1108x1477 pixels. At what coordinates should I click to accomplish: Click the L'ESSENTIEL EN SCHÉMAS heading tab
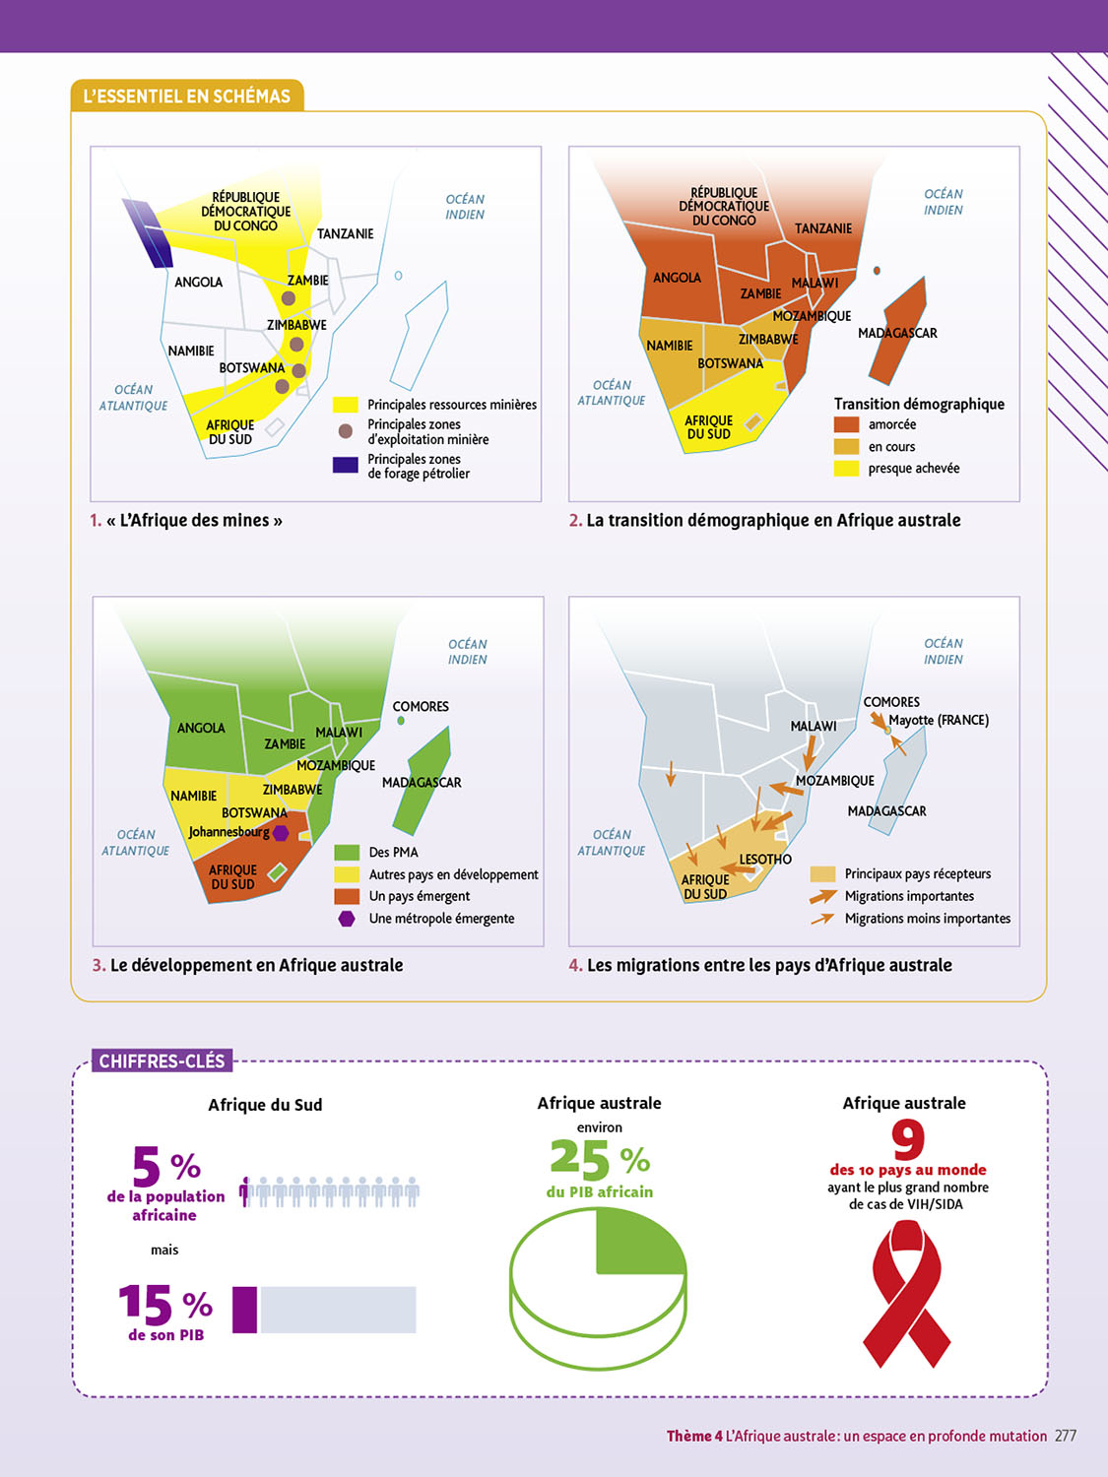(187, 96)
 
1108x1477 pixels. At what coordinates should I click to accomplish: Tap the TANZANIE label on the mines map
(345, 233)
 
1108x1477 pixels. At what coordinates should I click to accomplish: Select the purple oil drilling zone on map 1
(147, 232)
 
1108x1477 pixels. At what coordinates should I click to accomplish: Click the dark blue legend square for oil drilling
(345, 465)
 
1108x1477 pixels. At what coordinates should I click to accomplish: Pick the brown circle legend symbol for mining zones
(345, 431)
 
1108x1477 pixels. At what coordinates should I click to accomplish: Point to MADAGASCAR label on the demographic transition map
(897, 333)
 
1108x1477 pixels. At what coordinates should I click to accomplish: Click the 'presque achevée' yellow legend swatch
(846, 469)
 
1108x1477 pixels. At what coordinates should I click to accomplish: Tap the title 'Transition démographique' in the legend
(919, 404)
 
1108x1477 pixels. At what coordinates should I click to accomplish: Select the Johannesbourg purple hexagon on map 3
(281, 833)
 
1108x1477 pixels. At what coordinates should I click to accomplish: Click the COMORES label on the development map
(421, 706)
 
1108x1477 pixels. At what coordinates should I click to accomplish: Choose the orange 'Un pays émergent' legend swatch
(347, 896)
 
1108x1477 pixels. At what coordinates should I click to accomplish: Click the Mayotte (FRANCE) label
(939, 720)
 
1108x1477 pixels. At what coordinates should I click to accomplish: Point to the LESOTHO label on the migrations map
(765, 859)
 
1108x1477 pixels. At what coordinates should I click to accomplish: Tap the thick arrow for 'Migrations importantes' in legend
(822, 896)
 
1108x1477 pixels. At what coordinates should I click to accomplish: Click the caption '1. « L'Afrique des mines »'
(186, 520)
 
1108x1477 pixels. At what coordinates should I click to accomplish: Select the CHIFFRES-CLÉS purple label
(163, 1060)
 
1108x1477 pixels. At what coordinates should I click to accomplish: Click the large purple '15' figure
(145, 1305)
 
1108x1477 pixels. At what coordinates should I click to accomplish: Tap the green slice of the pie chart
(635, 1241)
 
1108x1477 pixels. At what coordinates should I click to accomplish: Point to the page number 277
(1066, 1436)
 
